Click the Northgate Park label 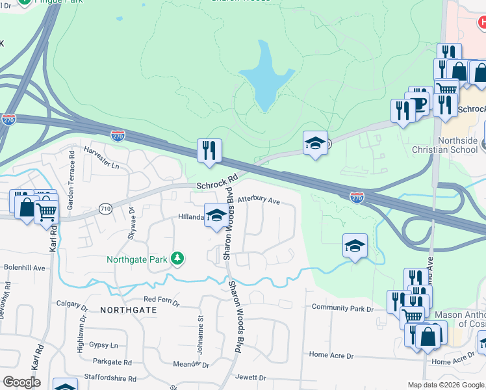point(137,259)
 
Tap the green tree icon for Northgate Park point(177,259)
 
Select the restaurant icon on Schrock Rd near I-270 point(209,151)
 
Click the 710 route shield point(105,209)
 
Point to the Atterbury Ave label point(259,201)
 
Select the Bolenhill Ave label point(25,267)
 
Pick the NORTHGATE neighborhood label point(129,310)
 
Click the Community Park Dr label point(343,307)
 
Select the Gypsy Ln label point(104,345)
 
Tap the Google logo point(21,382)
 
